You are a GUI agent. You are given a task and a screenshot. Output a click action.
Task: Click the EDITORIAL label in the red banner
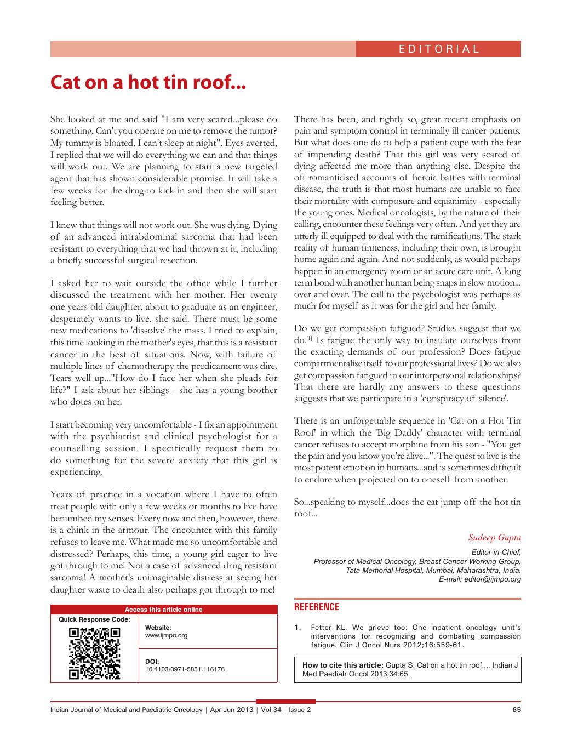pos(439,49)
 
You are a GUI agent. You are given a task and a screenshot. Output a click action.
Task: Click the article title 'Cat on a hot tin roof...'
pos(148,83)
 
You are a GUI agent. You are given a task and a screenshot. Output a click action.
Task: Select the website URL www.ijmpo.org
pos(166,635)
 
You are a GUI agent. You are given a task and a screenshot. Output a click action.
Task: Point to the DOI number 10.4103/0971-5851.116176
pos(185,669)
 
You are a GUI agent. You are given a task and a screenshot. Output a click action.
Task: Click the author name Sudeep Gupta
pos(495,537)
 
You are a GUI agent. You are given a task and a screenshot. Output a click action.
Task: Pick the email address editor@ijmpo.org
pos(492,579)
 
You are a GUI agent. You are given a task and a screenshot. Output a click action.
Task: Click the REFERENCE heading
pos(317,607)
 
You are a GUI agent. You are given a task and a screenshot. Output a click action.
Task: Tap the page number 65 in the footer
pos(516,710)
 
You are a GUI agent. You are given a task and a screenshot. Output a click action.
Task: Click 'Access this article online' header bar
pos(163,609)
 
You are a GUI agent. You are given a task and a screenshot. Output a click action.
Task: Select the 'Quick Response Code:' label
pos(94,619)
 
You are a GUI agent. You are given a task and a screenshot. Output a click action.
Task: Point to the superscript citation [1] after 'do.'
pos(310,339)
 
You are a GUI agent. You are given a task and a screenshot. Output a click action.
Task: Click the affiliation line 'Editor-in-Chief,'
pos(496,553)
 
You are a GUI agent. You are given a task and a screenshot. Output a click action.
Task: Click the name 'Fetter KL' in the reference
pos(329,628)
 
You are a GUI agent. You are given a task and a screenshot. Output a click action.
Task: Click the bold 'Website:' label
pos(158,627)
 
